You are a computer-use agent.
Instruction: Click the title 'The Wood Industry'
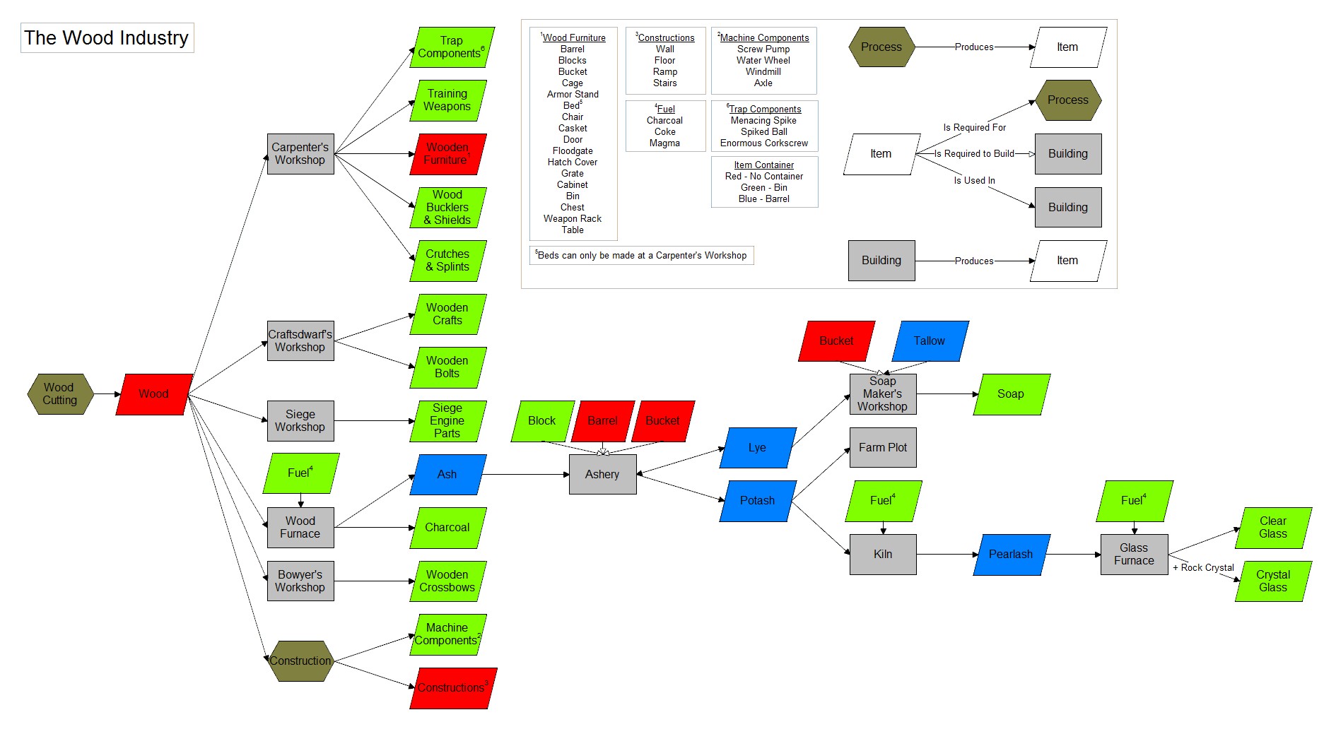(x=107, y=38)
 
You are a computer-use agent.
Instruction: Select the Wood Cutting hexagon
(x=60, y=394)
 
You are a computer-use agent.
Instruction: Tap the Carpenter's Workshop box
(x=300, y=154)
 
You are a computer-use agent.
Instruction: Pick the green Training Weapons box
(x=447, y=100)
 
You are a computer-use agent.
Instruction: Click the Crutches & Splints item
(x=447, y=261)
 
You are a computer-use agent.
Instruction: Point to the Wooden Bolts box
(x=447, y=367)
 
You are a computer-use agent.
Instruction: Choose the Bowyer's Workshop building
(x=300, y=581)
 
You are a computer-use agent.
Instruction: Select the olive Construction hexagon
(x=300, y=661)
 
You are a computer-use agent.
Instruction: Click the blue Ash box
(x=447, y=475)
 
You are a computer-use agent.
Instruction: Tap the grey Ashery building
(x=602, y=475)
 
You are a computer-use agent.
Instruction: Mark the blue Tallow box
(x=930, y=341)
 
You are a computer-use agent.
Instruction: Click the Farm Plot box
(x=883, y=448)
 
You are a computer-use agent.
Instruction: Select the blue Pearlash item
(x=1011, y=555)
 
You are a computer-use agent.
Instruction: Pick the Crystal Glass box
(x=1273, y=581)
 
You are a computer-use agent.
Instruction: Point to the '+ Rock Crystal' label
(x=1203, y=568)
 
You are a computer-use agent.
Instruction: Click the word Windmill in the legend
(x=763, y=72)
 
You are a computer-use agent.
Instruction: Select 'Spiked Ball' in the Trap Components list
(x=764, y=132)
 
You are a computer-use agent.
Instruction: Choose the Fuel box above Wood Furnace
(x=300, y=473)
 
